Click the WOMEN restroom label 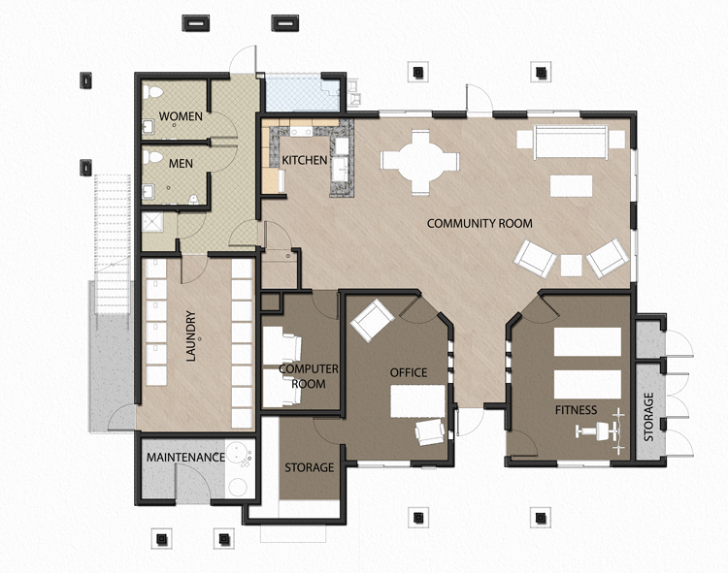(181, 116)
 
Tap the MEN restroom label (181, 163)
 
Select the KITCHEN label (305, 159)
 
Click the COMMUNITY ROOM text (480, 224)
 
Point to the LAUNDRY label (191, 335)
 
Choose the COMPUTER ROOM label (309, 376)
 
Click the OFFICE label (409, 372)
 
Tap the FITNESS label (576, 409)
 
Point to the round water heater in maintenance (236, 484)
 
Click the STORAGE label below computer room (309, 467)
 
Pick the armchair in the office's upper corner (370, 319)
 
